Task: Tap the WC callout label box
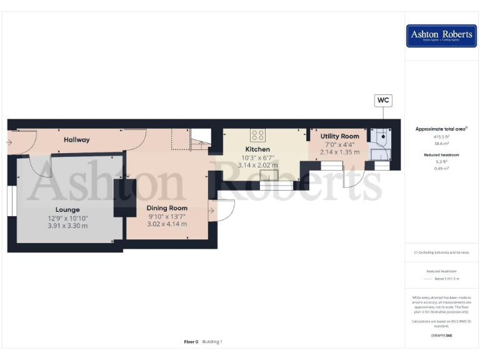382,100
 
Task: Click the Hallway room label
76,139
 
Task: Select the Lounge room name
67,209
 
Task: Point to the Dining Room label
167,208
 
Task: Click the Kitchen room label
257,149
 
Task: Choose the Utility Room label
339,136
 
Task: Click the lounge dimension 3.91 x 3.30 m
67,226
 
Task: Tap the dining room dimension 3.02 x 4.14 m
167,224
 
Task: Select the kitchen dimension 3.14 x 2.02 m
257,165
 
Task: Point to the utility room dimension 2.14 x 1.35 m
339,151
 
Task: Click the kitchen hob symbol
257,134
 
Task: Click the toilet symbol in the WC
380,137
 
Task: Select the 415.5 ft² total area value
441,136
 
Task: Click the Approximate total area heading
441,129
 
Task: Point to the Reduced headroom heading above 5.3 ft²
441,154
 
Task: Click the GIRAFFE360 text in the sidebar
441,336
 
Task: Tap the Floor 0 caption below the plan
191,342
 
